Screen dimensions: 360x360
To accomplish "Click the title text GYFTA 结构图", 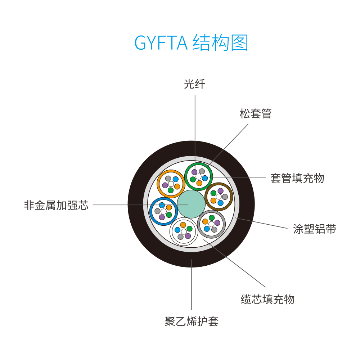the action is tap(191, 42).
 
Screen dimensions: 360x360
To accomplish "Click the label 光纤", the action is tap(194, 84).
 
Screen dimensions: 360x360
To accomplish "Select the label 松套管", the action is tap(256, 114).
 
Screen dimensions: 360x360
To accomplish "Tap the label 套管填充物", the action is tap(297, 178).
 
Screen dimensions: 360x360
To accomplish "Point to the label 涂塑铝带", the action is tap(315, 229).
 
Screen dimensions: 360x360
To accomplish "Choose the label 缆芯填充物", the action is tap(267, 300).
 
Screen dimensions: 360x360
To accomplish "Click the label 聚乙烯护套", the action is tap(192, 321).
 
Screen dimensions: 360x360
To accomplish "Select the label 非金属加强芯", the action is tap(56, 205).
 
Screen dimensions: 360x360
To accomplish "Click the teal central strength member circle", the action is tap(191, 204).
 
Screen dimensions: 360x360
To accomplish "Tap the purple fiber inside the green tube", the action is tap(194, 172).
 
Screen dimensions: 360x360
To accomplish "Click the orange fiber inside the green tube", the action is tap(199, 183).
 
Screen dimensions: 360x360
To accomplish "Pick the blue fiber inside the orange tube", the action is tap(176, 179).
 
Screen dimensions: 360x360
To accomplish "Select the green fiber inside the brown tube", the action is tap(213, 193).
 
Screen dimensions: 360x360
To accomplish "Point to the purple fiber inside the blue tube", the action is tap(162, 217).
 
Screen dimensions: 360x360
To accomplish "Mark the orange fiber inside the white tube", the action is tap(183, 225).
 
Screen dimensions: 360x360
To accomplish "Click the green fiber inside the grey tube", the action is tap(212, 218).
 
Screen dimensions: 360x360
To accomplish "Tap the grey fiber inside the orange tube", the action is tap(168, 179).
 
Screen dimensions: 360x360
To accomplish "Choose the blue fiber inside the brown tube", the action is tap(220, 203).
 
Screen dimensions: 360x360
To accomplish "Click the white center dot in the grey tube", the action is tap(211, 224).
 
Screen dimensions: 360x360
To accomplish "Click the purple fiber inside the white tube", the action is tap(188, 236).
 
